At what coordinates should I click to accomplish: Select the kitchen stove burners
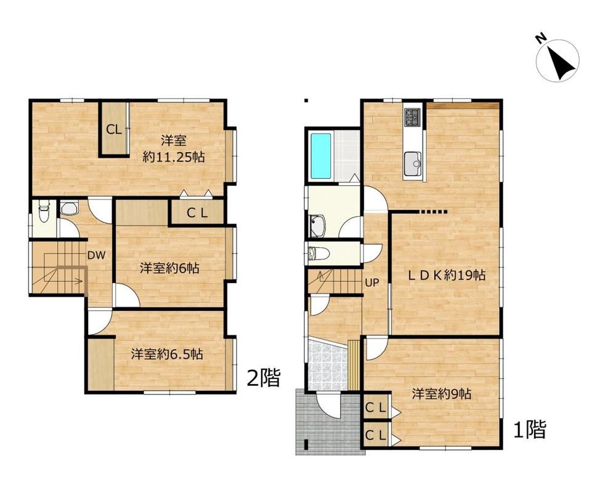pyautogui.click(x=413, y=116)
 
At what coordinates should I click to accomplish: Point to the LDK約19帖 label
pyautogui.click(x=446, y=275)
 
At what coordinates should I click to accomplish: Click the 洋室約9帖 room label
pyautogui.click(x=442, y=393)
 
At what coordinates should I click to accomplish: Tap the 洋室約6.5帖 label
pyautogui.click(x=167, y=354)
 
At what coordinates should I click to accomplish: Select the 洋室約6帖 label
pyautogui.click(x=169, y=268)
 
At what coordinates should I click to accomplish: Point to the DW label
pyautogui.click(x=96, y=255)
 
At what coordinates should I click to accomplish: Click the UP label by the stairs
pyautogui.click(x=371, y=283)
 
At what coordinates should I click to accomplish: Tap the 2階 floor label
pyautogui.click(x=264, y=379)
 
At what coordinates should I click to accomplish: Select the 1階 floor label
pyautogui.click(x=530, y=429)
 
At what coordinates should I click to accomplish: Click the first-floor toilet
pyautogui.click(x=318, y=253)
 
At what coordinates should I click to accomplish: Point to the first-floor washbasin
pyautogui.click(x=317, y=226)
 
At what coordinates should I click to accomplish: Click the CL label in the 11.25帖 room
pyautogui.click(x=115, y=130)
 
